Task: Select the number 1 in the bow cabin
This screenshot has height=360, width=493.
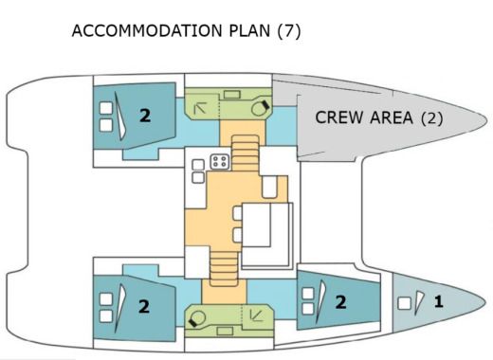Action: point(438,303)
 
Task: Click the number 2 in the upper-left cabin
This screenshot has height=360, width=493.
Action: point(145,116)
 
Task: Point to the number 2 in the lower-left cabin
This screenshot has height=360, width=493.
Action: point(144,306)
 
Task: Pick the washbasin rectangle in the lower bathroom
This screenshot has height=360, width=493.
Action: point(226,331)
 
